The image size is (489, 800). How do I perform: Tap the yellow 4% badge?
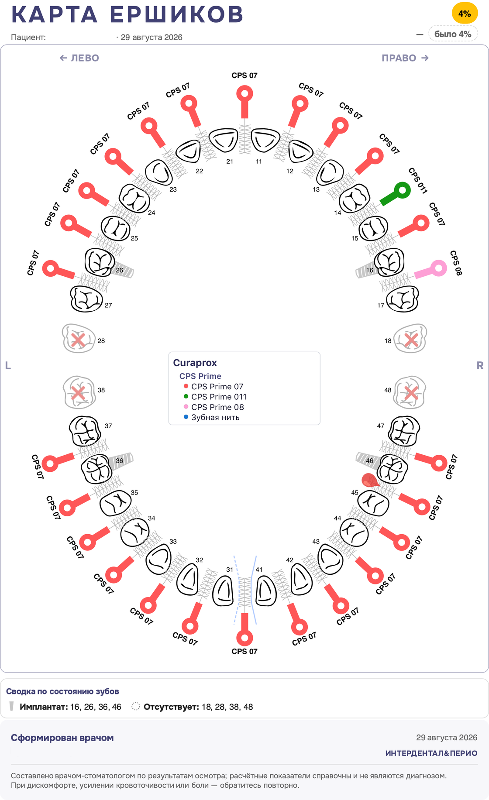465,14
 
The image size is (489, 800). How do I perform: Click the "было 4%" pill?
453,34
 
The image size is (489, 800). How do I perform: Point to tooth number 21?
224,140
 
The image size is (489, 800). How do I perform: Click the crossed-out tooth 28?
79,338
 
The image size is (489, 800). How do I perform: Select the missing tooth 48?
410,392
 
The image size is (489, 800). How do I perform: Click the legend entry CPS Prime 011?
219,397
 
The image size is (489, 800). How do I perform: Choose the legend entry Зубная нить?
215,417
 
